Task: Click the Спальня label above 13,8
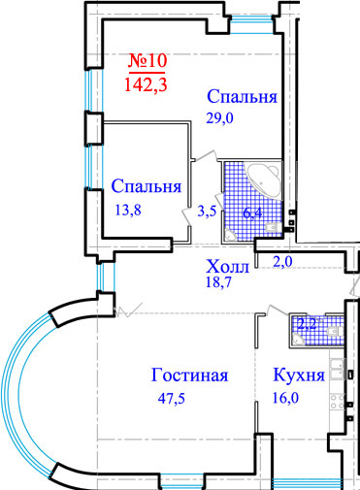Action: (147, 186)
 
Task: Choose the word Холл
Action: (228, 265)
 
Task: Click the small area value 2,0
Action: (281, 261)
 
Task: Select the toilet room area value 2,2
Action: (308, 324)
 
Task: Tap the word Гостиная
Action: (189, 376)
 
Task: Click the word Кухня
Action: (290, 376)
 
